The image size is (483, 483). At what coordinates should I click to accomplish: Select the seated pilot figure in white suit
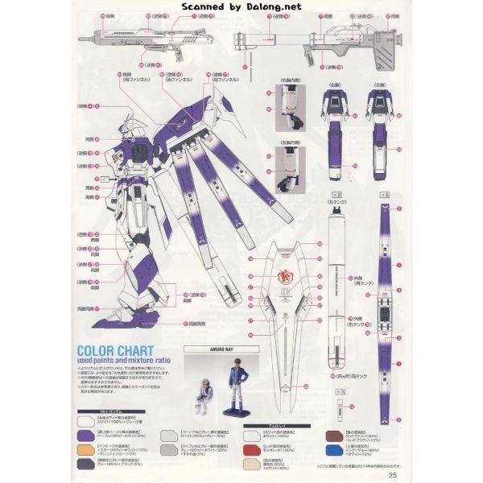pyautogui.click(x=202, y=396)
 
